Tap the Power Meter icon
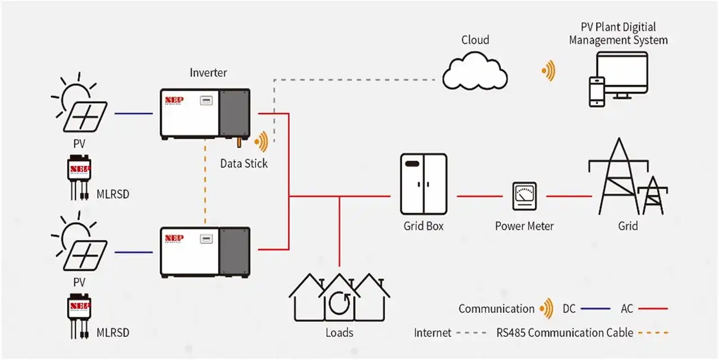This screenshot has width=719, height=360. (x=524, y=197)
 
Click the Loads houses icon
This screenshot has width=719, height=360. (x=339, y=298)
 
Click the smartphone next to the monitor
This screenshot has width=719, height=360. (x=596, y=91)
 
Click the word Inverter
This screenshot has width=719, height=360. (x=208, y=72)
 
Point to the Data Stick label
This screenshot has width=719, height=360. (x=244, y=163)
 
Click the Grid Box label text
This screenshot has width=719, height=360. (x=424, y=226)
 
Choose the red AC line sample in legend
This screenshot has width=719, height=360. (x=653, y=308)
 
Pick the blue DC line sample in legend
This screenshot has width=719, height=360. (x=595, y=308)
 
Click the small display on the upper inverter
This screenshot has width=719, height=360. (x=207, y=101)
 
